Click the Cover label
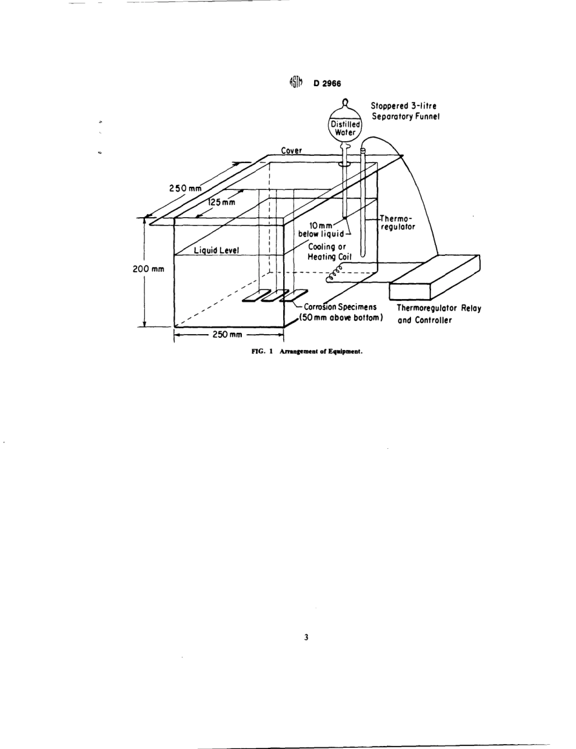[x=292, y=150]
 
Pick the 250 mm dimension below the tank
[x=227, y=335]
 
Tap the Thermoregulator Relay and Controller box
[x=435, y=278]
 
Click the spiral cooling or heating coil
[x=334, y=277]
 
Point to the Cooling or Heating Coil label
[x=326, y=251]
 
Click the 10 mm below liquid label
[x=323, y=230]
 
